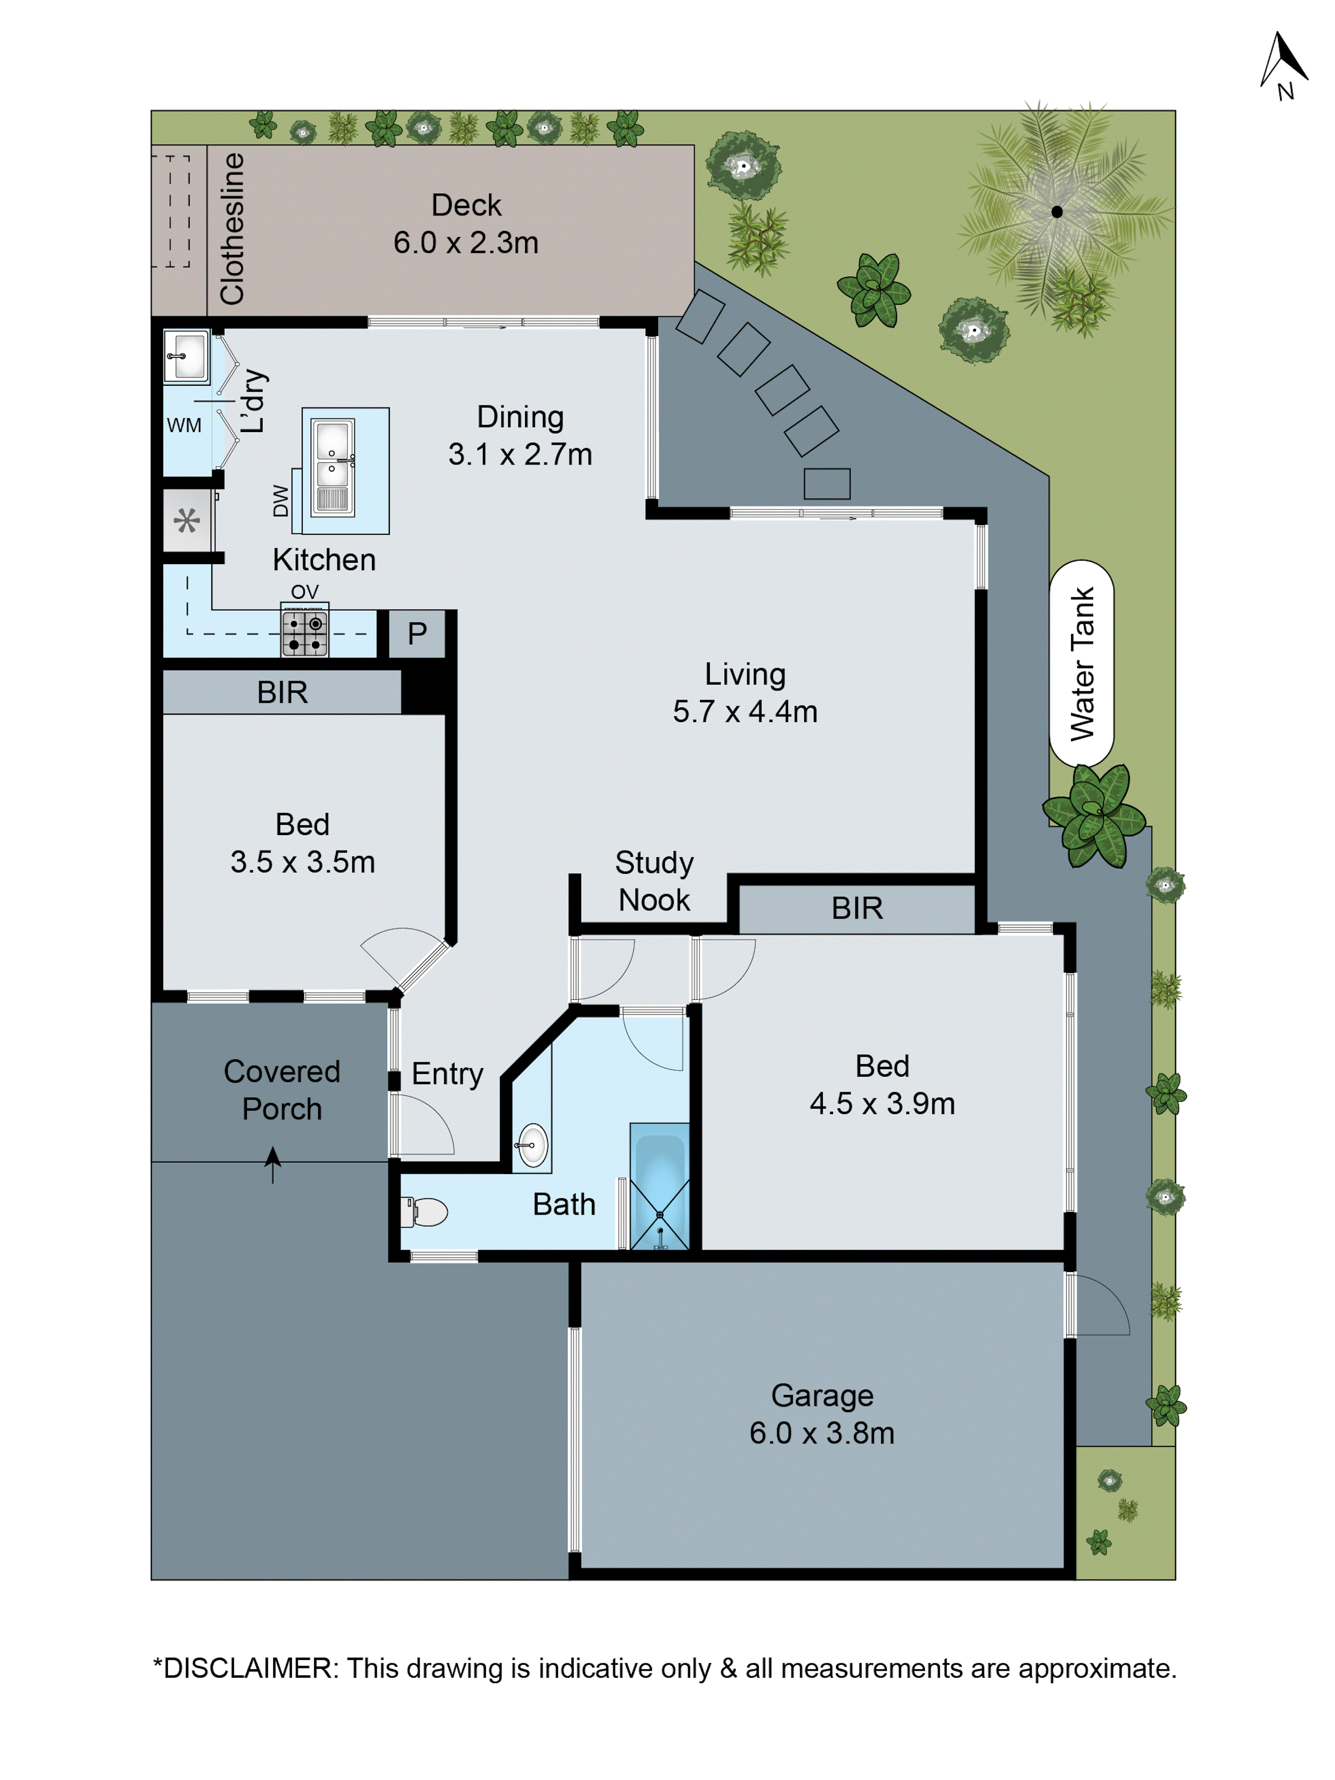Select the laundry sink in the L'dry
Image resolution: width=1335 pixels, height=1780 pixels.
click(186, 355)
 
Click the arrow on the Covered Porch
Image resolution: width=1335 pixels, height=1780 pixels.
click(273, 1163)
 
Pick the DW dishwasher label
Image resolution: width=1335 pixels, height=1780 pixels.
click(280, 500)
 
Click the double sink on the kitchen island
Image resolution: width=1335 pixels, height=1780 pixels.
click(332, 467)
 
